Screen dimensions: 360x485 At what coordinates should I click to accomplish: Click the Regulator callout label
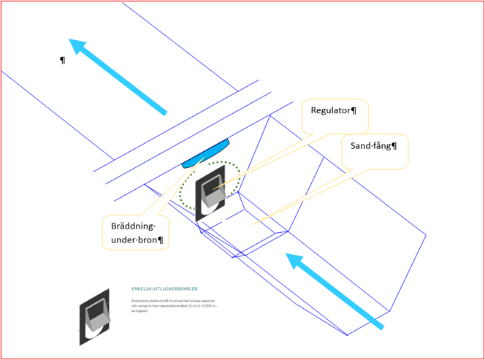(x=333, y=110)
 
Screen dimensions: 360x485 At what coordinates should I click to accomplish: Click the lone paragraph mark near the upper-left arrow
(x=63, y=59)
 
